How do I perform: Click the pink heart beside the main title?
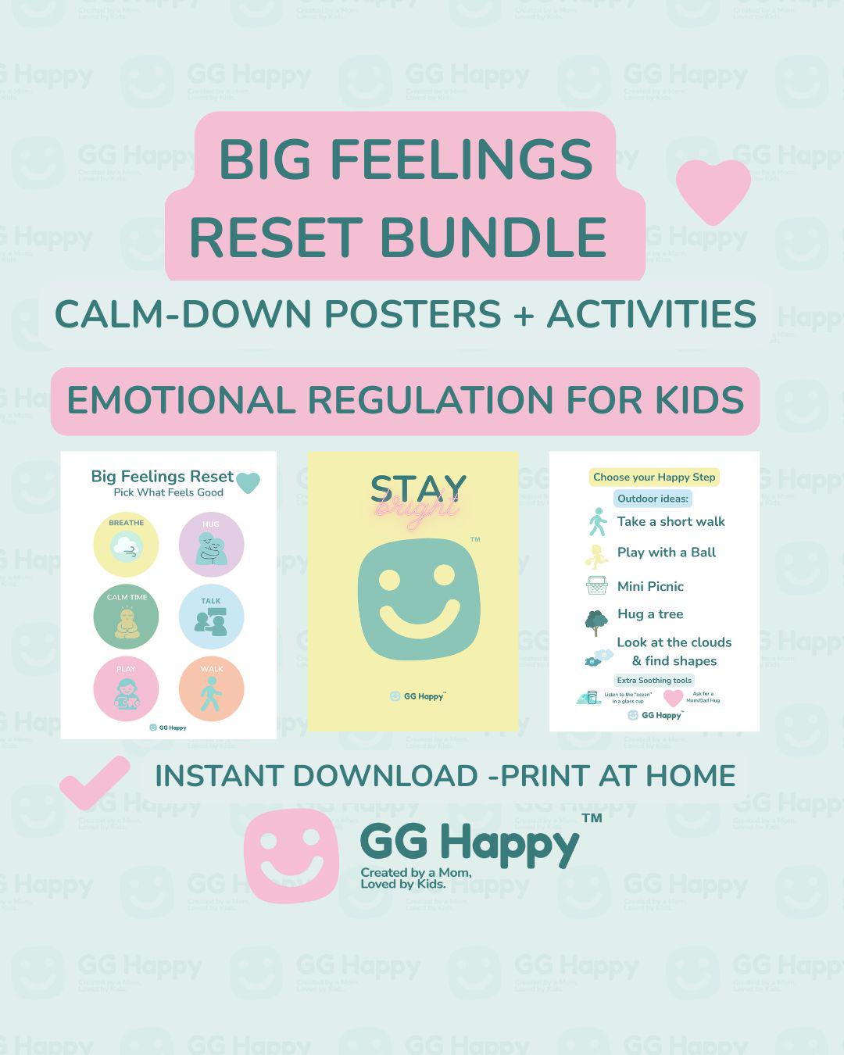[x=713, y=190]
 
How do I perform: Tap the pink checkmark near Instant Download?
[x=95, y=781]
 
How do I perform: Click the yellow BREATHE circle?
[x=126, y=544]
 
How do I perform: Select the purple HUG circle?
[x=211, y=544]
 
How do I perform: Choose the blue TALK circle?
[x=211, y=617]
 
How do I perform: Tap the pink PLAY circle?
[x=126, y=688]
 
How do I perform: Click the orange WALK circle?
[x=211, y=688]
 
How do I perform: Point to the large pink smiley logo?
[x=291, y=855]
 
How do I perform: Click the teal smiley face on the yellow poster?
[x=418, y=599]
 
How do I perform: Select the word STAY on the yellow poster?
[x=418, y=488]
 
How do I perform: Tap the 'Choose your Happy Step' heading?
[x=654, y=477]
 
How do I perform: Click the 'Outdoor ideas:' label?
[x=653, y=499]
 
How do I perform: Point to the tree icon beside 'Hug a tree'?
[x=596, y=622]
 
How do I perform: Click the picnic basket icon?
[x=597, y=585]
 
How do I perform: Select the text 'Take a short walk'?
[x=671, y=522]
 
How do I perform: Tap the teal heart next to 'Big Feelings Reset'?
[x=248, y=482]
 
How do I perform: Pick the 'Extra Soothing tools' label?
[x=654, y=681]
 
